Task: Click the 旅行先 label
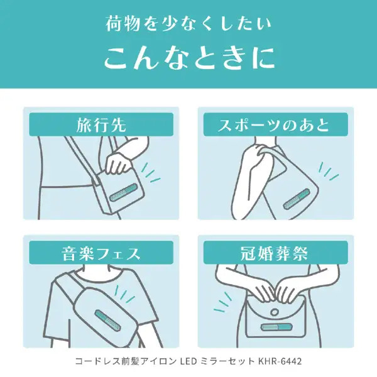click(101, 125)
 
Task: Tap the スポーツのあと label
click(273, 125)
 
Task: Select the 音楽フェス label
click(101, 254)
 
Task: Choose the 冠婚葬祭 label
click(274, 254)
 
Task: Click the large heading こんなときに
click(190, 58)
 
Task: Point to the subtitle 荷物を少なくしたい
click(188, 24)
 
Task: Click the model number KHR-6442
click(280, 361)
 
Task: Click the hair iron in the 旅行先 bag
click(124, 192)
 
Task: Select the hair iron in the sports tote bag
click(296, 199)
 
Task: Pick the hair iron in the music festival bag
click(107, 320)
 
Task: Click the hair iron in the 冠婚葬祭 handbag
click(276, 327)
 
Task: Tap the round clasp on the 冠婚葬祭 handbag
click(274, 312)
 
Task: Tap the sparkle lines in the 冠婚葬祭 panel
click(223, 302)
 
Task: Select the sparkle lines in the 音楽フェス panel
click(125, 294)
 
